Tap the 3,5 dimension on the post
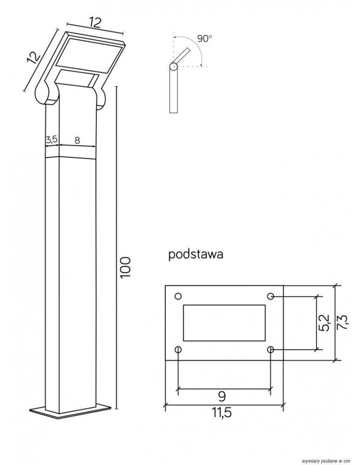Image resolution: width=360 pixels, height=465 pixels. (52, 139)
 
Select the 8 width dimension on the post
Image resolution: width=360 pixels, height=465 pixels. (77, 139)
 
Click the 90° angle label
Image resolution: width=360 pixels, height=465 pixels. (204, 39)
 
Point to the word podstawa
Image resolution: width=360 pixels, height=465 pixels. (196, 255)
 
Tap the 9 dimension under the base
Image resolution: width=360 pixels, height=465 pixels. (222, 396)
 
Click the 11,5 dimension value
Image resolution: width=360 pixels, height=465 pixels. (222, 413)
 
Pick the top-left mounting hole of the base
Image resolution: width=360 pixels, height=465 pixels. (178, 296)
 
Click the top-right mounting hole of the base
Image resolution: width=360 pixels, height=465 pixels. (271, 296)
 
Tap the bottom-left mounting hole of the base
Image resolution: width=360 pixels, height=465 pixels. (178, 349)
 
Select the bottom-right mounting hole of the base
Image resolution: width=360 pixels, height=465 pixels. (271, 349)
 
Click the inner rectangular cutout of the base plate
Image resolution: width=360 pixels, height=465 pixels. (224, 323)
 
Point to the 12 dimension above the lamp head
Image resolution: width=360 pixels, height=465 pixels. (95, 22)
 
